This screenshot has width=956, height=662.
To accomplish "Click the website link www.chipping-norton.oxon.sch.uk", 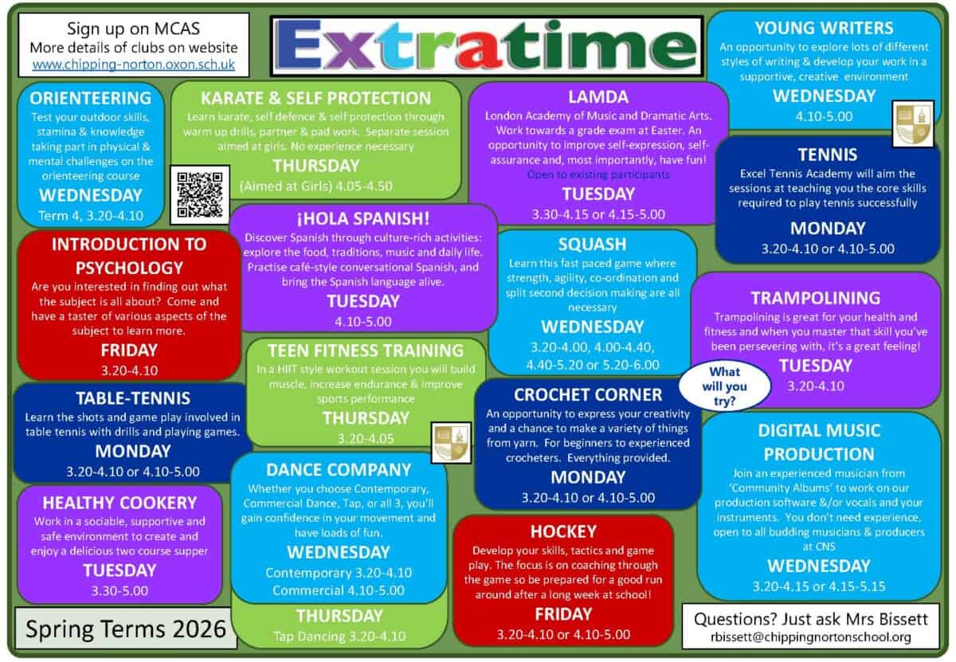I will (x=134, y=63).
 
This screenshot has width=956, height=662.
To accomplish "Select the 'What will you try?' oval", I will (x=724, y=386).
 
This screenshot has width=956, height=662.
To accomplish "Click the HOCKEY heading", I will (x=563, y=531).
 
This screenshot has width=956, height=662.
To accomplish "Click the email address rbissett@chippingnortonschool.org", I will (x=811, y=637).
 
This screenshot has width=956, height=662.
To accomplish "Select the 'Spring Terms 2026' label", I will (x=126, y=629).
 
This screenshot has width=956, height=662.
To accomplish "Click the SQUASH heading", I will (x=592, y=244).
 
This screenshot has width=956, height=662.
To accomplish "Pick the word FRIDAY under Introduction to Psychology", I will (x=129, y=350).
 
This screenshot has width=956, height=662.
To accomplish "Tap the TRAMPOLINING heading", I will (x=815, y=297).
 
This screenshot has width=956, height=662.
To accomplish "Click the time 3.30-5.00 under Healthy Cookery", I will (x=119, y=590).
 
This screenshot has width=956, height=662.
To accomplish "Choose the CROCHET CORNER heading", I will (x=588, y=394).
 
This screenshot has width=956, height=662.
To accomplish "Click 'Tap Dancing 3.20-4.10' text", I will (x=339, y=636).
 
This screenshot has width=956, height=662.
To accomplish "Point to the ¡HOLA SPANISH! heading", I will (x=362, y=217).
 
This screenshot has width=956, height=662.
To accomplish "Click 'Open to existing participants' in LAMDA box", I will (x=598, y=174).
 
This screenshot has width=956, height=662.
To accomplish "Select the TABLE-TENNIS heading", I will (x=132, y=398).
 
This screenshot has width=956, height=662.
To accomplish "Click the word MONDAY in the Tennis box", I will (x=827, y=228).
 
